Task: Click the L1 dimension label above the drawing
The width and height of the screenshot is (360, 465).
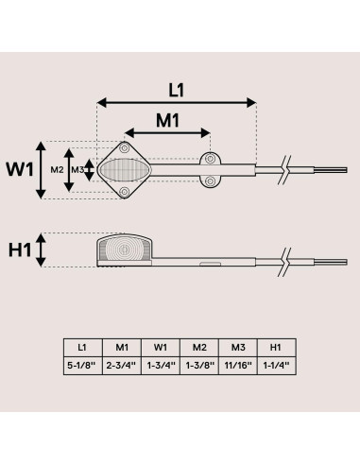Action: (176, 91)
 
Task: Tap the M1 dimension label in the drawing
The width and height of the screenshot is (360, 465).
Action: (168, 120)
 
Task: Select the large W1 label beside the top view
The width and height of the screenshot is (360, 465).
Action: (20, 169)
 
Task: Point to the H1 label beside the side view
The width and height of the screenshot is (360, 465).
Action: (20, 250)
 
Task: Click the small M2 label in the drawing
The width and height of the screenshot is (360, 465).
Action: (57, 170)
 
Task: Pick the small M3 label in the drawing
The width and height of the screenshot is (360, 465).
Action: (77, 170)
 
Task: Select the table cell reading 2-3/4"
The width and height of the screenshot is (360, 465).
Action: (121, 366)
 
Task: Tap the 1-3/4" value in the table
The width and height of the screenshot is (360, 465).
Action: (161, 366)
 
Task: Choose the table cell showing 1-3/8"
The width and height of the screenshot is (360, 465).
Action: (199, 366)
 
